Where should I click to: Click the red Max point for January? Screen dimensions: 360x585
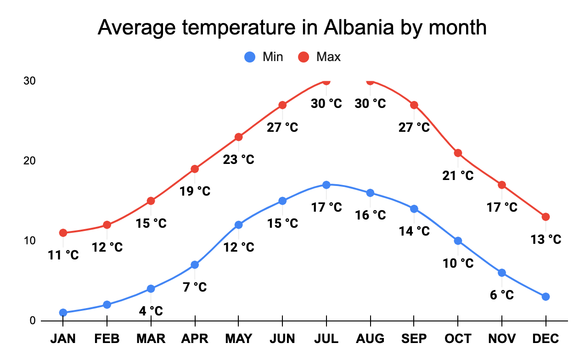[x=63, y=233]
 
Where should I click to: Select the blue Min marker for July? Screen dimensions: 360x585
[x=326, y=185]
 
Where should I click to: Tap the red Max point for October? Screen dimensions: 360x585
[x=458, y=153]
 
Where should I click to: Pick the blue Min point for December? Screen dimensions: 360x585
[x=546, y=297]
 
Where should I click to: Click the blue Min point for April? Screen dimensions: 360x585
[x=195, y=264]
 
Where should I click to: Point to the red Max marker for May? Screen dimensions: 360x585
[x=238, y=137]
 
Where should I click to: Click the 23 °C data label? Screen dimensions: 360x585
[x=238, y=160]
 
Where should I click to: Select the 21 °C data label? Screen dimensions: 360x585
[x=458, y=175]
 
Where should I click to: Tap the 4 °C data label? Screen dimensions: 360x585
[x=151, y=311]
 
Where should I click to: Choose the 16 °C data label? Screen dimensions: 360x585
[x=370, y=215]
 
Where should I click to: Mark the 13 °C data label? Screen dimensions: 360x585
[x=546, y=239]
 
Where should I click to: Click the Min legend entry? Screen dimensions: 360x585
[x=264, y=57]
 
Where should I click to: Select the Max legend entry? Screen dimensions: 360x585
[x=320, y=57]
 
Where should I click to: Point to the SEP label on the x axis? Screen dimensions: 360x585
[x=414, y=339]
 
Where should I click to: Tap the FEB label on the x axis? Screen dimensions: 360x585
[x=107, y=339]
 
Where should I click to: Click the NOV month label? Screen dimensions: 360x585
[x=502, y=339]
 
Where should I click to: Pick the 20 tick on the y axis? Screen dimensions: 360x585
[x=30, y=161]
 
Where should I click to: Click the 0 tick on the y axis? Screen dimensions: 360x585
[x=33, y=321]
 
